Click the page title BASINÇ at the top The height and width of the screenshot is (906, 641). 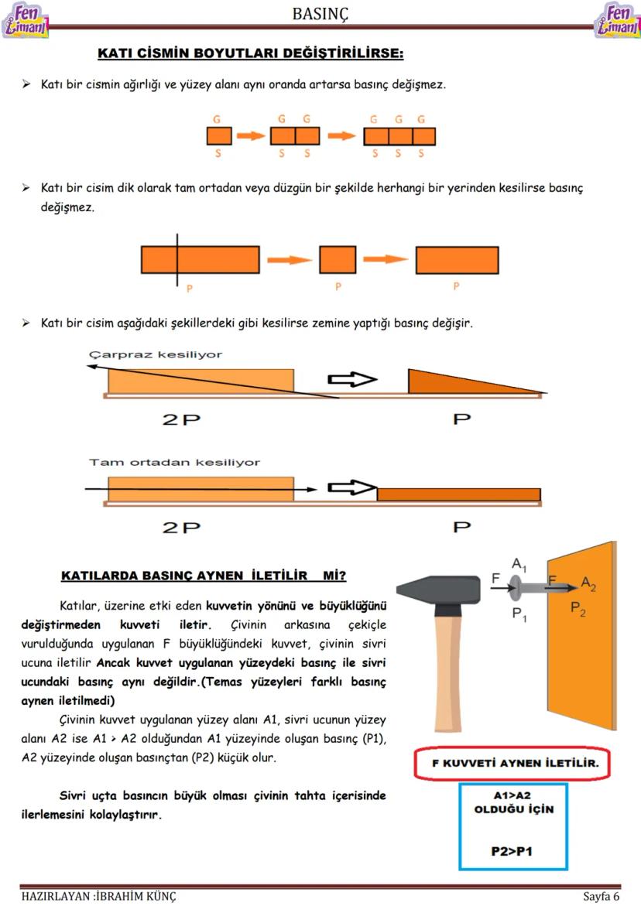point(320,13)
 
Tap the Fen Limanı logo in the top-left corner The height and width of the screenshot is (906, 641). point(26,20)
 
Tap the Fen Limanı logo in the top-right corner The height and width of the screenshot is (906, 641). point(616,20)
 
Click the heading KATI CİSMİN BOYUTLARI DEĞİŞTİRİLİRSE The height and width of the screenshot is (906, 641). point(250,54)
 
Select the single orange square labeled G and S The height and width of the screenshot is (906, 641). point(219,137)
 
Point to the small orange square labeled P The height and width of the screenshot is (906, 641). point(338,260)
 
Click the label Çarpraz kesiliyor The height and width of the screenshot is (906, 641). point(156,354)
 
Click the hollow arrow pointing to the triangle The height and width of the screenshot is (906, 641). point(351,380)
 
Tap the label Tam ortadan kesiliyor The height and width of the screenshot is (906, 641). point(174,462)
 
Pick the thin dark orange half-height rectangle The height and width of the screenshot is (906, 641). point(458,495)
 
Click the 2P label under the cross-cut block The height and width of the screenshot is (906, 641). point(181,419)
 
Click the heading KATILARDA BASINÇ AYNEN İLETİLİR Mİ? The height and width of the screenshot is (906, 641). point(203,576)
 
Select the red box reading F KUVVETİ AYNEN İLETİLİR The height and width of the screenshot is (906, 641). point(512,764)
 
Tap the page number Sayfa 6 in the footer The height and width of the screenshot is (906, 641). point(601,897)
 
